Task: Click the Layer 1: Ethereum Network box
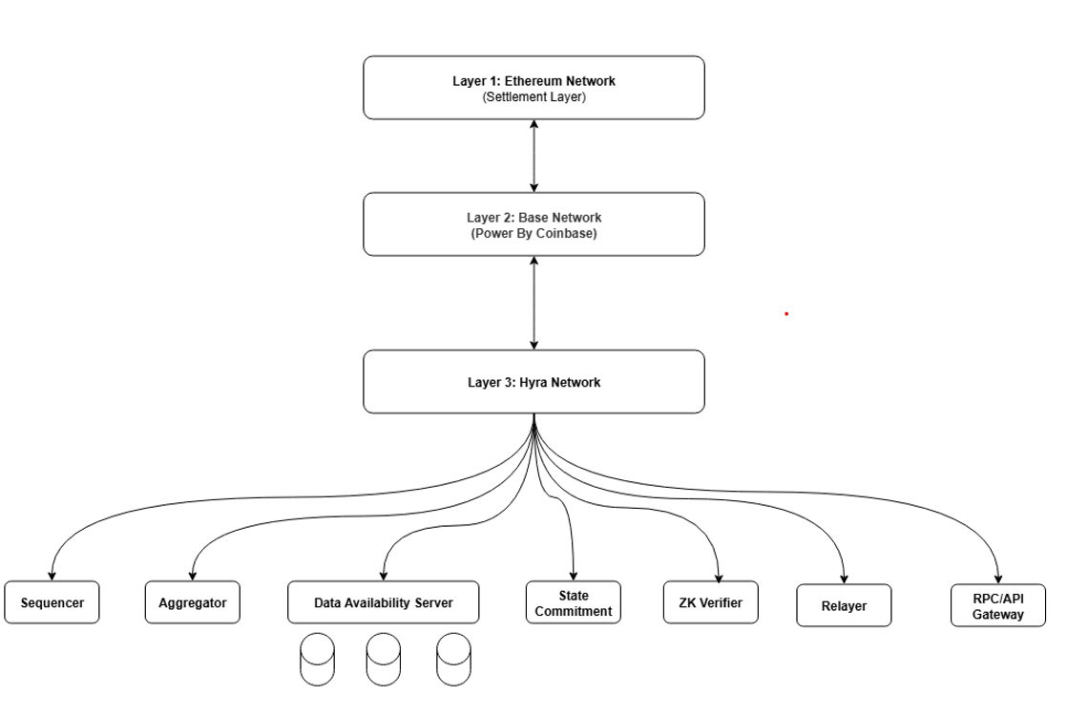(534, 87)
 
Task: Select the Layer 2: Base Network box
(534, 224)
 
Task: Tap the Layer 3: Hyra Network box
(534, 382)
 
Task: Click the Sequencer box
(52, 603)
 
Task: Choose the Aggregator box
(192, 603)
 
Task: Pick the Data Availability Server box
(383, 603)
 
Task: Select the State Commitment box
(573, 603)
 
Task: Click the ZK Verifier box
(710, 603)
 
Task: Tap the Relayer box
(844, 606)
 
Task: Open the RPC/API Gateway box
(997, 606)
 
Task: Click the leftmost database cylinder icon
(317, 660)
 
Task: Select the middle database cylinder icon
(384, 660)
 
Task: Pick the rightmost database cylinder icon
(453, 660)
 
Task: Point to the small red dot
(786, 313)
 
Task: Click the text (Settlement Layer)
(534, 97)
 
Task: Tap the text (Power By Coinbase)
(534, 233)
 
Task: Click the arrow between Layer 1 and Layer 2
(534, 156)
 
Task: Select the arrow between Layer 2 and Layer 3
(534, 303)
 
